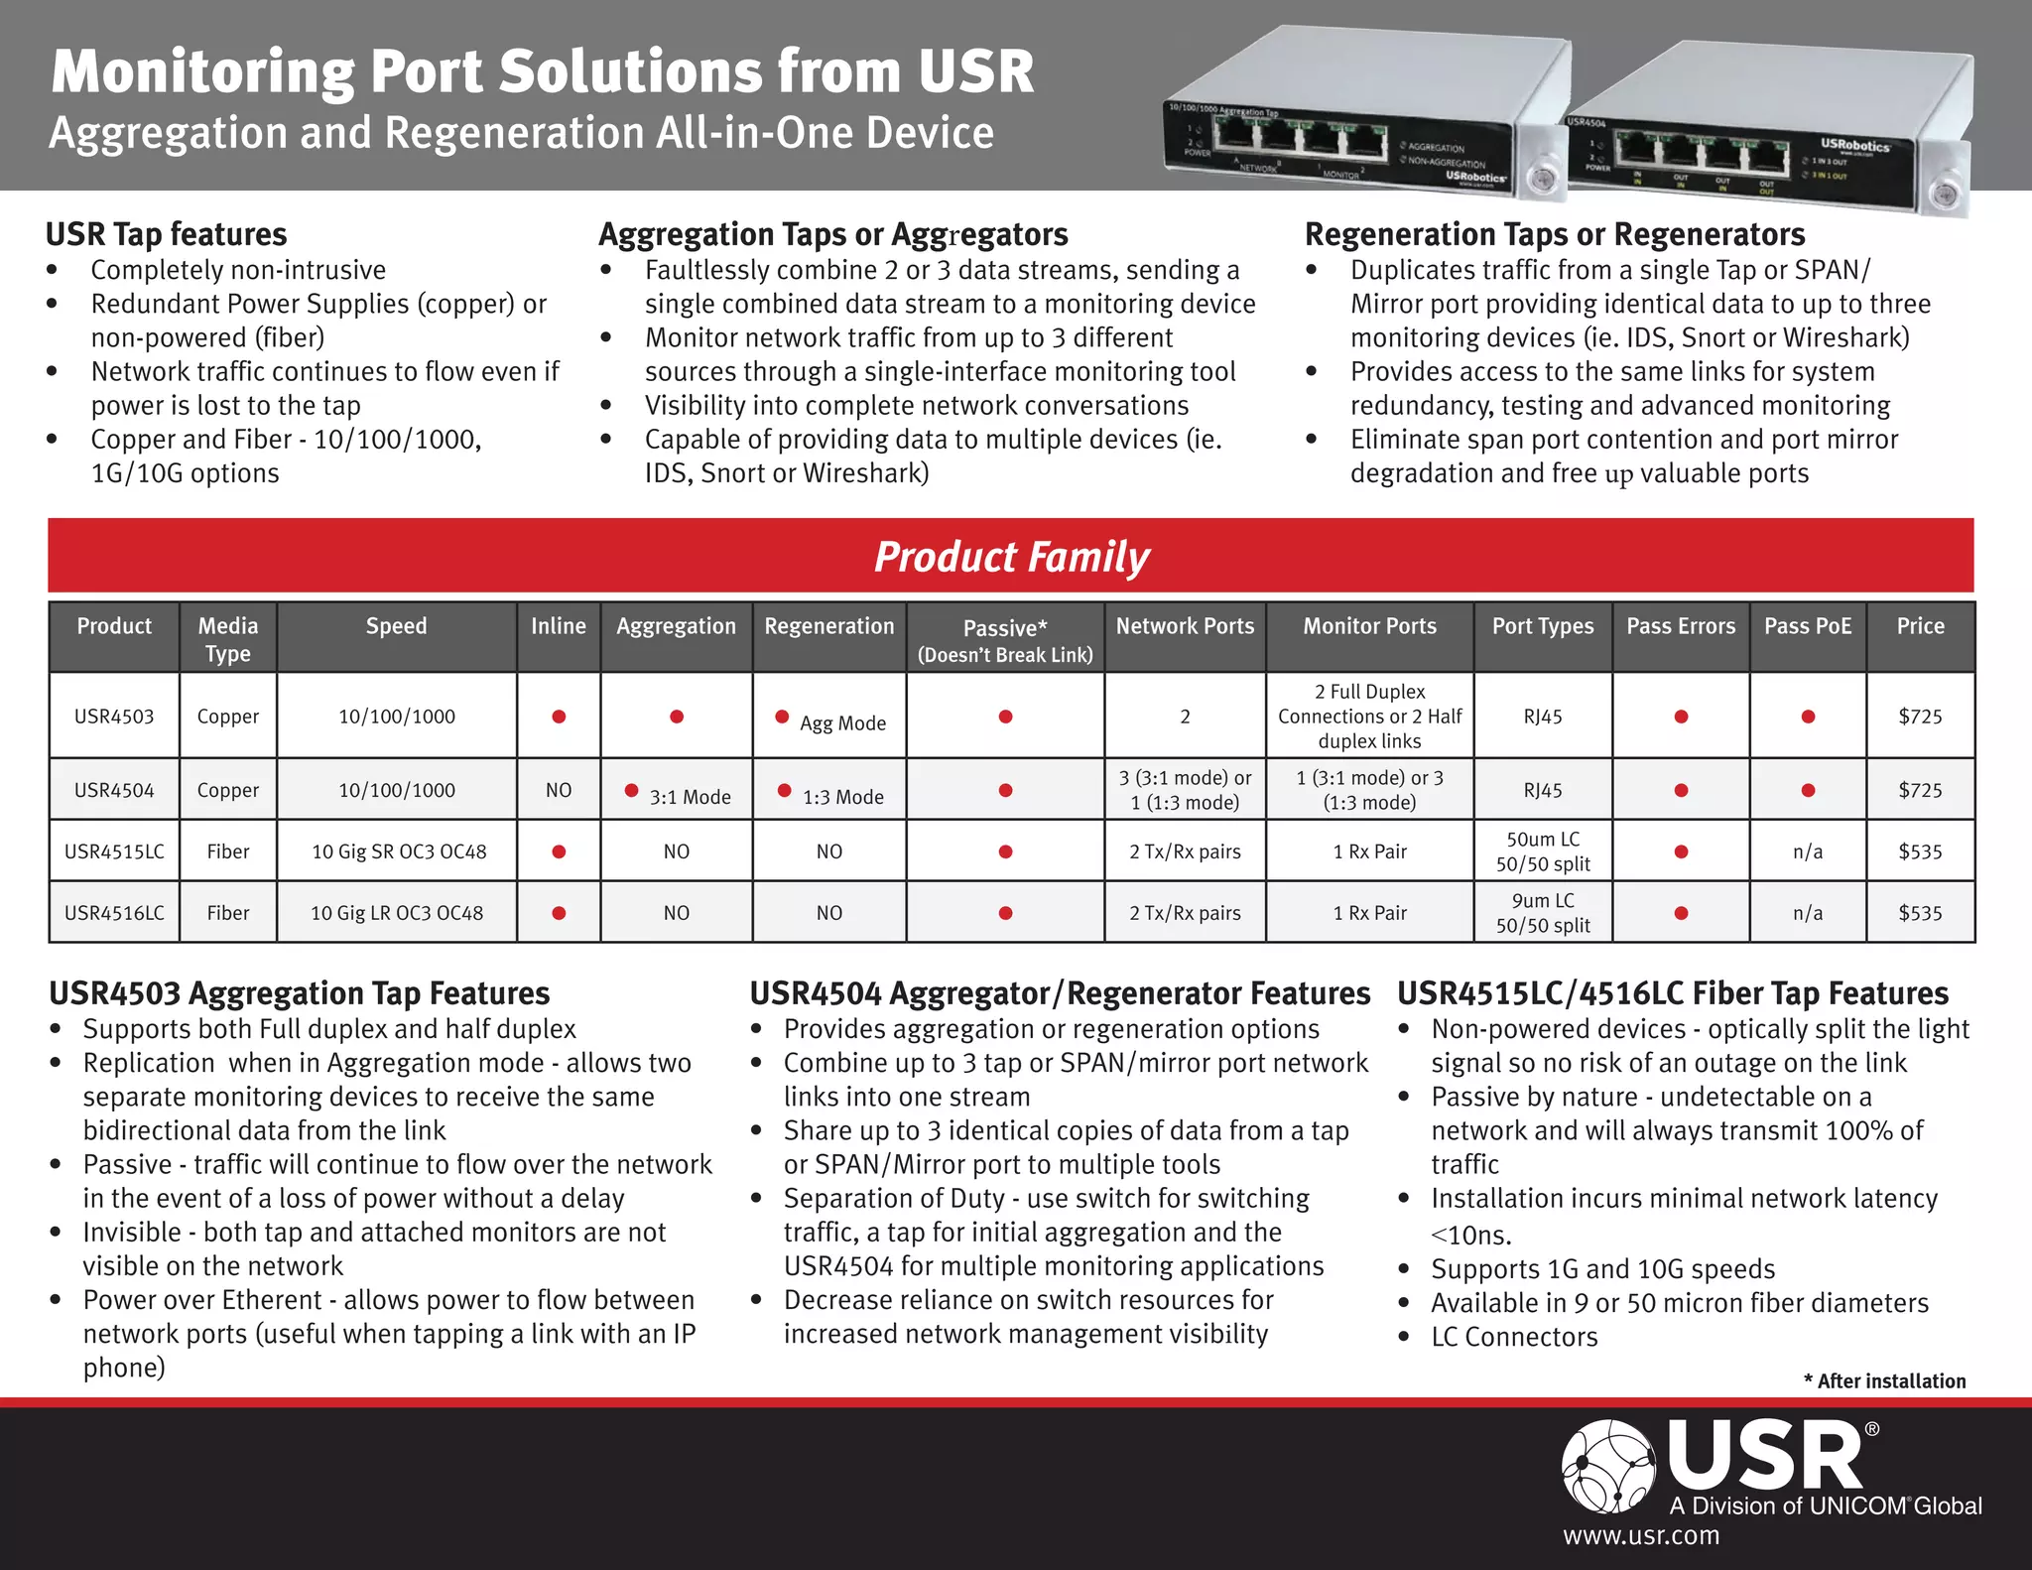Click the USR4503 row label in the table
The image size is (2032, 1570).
click(x=114, y=717)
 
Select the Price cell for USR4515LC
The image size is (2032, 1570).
click(x=1920, y=851)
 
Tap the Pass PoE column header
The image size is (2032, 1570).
click(x=1807, y=626)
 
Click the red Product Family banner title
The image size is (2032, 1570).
click(x=1011, y=557)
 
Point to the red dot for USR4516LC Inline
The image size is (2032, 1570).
click(x=559, y=913)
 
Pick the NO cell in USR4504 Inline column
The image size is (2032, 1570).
click(x=559, y=791)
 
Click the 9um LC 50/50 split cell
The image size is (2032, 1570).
click(x=1543, y=913)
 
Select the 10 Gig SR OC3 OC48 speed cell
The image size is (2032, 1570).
click(x=398, y=851)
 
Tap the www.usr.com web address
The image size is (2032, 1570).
click(x=1641, y=1536)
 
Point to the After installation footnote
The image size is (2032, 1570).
click(x=1884, y=1381)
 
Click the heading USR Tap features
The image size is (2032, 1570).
click(x=167, y=234)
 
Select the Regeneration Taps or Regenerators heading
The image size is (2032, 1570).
click(x=1554, y=234)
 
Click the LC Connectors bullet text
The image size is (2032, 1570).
click(x=1514, y=1338)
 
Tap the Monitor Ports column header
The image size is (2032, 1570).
click(x=1369, y=626)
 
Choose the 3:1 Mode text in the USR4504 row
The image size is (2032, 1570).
click(x=690, y=797)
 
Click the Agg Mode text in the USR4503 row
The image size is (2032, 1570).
click(x=842, y=723)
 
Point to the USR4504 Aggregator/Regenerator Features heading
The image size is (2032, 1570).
click(x=1059, y=993)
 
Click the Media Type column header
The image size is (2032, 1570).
click(x=227, y=639)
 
